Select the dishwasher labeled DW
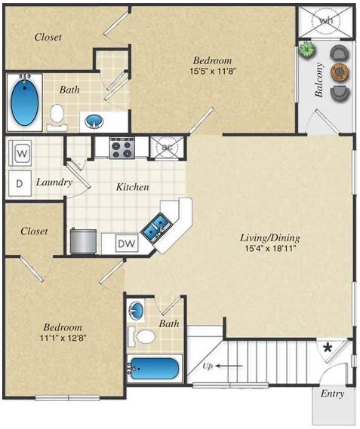coord(128,243)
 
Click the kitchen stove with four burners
coord(120,147)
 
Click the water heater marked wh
coord(325,21)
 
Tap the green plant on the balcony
coord(306,51)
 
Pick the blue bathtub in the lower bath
coord(155,369)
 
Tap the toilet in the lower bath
coord(145,336)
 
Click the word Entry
coord(332,394)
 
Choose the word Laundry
coord(54,182)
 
